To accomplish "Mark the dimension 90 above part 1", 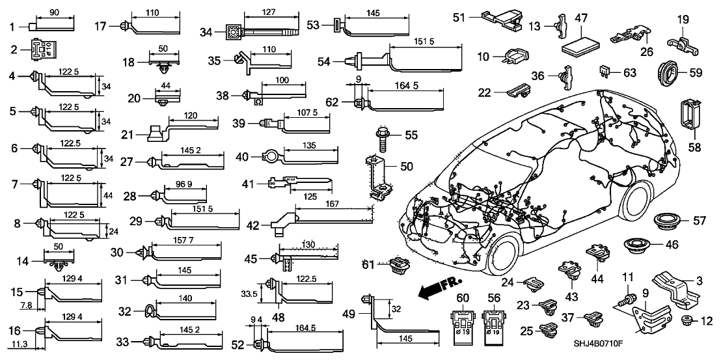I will (x=53, y=12).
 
